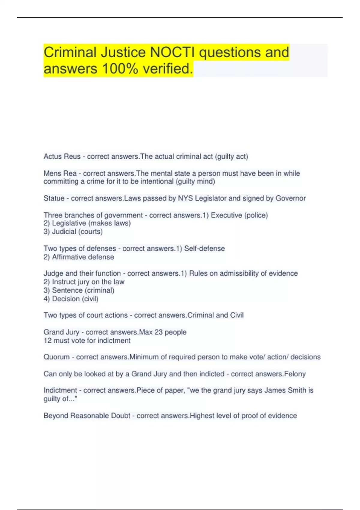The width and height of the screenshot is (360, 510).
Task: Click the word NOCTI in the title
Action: [172, 52]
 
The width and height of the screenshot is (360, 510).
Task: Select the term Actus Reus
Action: [62, 157]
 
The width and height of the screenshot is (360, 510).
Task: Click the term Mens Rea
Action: [60, 173]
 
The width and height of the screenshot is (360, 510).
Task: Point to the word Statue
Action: [54, 198]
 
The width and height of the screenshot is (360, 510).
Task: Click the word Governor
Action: [290, 198]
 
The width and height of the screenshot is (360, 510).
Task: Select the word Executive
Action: [226, 215]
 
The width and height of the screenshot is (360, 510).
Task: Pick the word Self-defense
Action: [204, 249]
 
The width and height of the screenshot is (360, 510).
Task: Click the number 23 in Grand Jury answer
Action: [158, 332]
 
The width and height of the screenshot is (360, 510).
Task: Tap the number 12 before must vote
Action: [48, 341]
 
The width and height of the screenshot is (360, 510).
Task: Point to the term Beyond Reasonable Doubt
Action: [87, 416]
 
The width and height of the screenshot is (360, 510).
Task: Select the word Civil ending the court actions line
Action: [237, 315]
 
